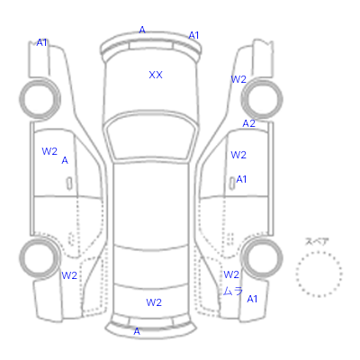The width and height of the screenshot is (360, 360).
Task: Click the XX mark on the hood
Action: (156, 75)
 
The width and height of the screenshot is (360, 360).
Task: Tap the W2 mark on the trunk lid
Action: (154, 302)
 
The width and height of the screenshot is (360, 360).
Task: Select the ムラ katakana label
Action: (233, 291)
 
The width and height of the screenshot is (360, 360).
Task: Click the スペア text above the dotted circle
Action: (317, 241)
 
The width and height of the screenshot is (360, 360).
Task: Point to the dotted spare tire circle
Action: (319, 253)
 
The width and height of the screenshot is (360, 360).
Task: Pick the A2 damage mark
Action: (249, 123)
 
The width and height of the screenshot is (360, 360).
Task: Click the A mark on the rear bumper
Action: (137, 331)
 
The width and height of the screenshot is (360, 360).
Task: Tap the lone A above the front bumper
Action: (142, 30)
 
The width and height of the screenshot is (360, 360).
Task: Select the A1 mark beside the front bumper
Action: (193, 35)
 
